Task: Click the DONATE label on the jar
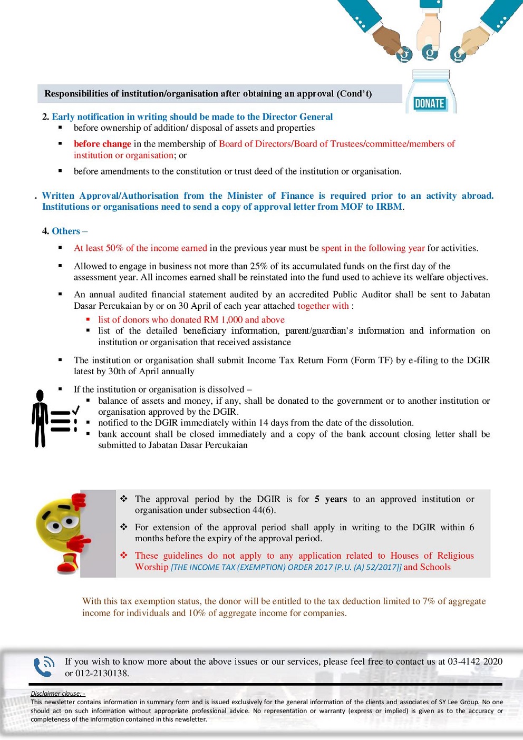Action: coord(429,103)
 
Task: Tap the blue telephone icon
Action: coord(44,667)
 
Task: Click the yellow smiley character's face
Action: coord(58,522)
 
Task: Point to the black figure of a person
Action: coord(40,418)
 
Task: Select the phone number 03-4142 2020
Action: coord(475,661)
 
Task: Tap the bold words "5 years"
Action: coord(331,499)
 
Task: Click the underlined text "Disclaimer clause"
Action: coord(56,694)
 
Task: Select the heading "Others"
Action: coord(66,231)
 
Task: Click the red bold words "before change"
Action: coord(102,144)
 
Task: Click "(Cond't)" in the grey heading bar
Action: coord(354,94)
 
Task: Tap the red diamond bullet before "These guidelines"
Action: coord(124,555)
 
